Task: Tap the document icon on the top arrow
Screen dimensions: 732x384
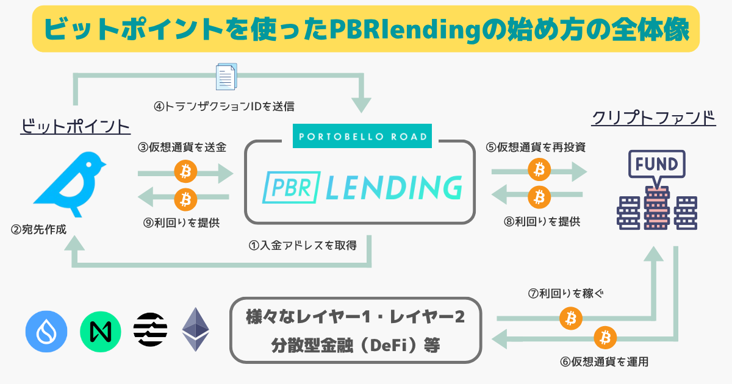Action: tap(226, 77)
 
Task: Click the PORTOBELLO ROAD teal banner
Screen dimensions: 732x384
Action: tap(362, 136)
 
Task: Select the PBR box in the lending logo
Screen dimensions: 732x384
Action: tap(291, 188)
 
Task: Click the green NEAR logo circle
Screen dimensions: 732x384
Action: tap(100, 332)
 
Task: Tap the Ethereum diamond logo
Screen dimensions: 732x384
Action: tap(195, 329)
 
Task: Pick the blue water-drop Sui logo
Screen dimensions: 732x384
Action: tap(46, 332)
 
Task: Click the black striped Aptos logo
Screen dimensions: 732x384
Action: tap(150, 330)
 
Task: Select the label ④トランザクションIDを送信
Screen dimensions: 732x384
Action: tap(224, 107)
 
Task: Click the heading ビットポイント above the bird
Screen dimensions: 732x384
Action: tap(76, 126)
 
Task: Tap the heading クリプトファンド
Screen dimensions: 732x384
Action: tap(653, 118)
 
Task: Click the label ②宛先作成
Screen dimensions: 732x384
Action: tap(38, 230)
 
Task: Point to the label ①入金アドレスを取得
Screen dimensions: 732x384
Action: tap(303, 246)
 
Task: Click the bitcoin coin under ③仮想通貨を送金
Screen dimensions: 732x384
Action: tap(185, 171)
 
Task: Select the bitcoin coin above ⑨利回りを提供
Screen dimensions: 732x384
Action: tap(185, 199)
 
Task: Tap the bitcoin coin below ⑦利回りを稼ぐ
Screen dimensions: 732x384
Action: tap(571, 318)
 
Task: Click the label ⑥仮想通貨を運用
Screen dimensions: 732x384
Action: tap(605, 362)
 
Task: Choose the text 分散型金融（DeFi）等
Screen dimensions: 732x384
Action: tap(356, 346)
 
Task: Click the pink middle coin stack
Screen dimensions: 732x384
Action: tap(657, 208)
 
